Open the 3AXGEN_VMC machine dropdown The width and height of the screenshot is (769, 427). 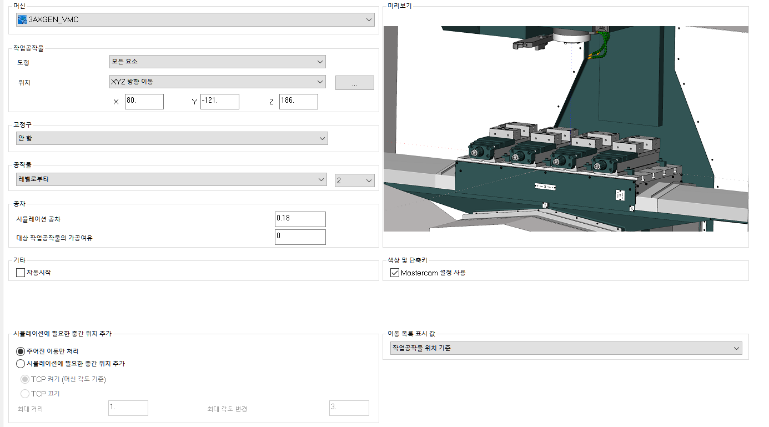pos(195,19)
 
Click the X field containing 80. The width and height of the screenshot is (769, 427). pos(144,102)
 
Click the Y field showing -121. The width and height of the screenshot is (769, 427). pos(220,102)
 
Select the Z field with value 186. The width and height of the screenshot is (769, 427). pos(298,102)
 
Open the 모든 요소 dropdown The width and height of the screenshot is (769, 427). pos(217,62)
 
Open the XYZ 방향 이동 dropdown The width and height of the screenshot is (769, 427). pos(217,82)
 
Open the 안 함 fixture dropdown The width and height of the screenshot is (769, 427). pos(172,138)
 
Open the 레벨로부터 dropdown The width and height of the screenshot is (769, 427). pos(171,179)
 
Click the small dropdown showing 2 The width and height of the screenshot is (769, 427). pos(354,180)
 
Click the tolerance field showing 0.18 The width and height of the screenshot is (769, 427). pos(300,219)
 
